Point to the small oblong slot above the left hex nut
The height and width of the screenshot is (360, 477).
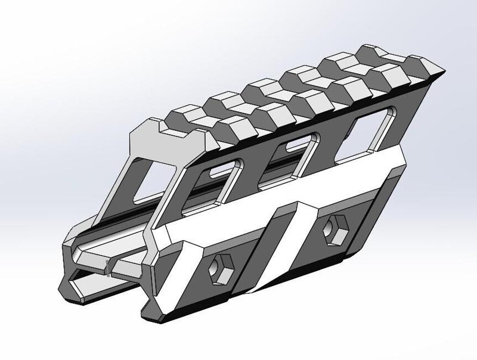click(x=220, y=172)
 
